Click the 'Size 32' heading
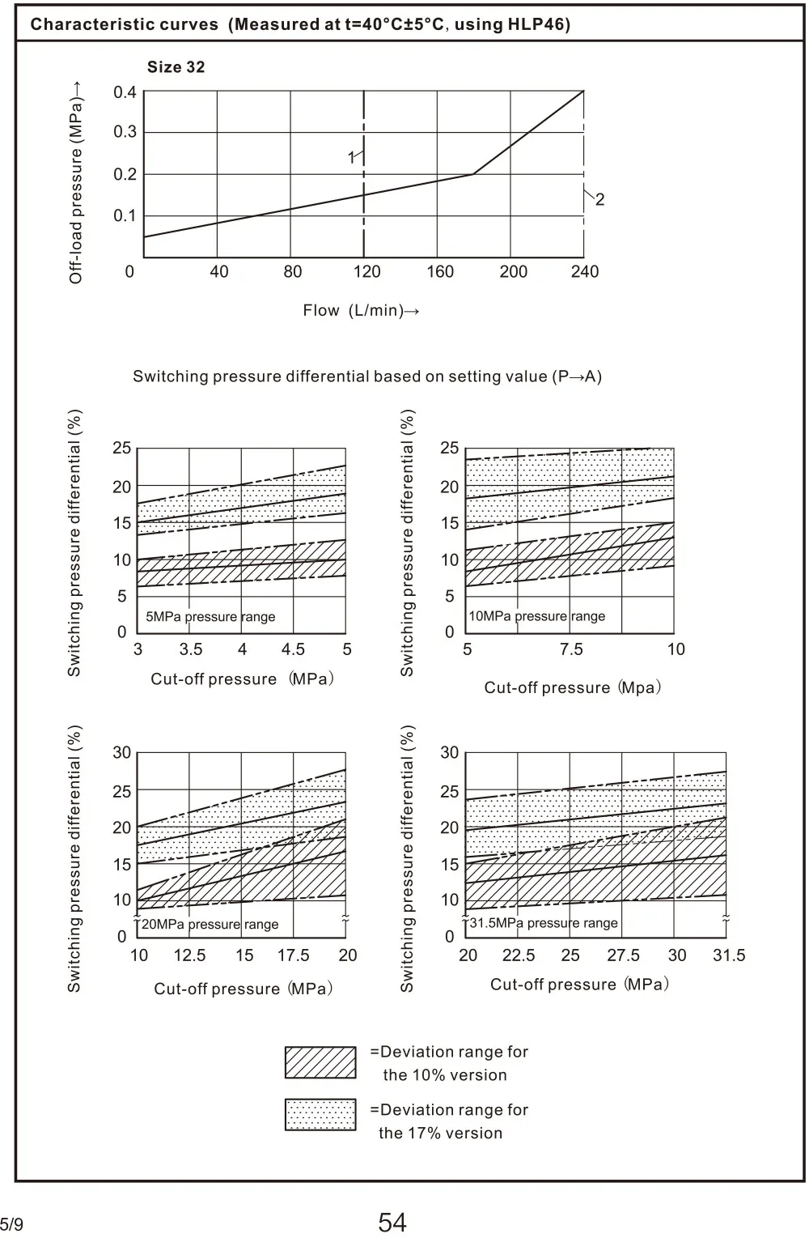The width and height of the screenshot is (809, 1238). click(176, 67)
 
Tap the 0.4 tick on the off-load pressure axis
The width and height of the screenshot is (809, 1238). click(125, 92)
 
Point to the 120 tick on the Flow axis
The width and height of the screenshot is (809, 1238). click(366, 272)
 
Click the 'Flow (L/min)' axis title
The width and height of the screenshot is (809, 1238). click(361, 311)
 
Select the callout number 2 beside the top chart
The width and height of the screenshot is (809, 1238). click(599, 199)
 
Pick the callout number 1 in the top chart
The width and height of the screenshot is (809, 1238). click(352, 158)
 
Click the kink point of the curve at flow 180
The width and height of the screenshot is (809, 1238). click(473, 174)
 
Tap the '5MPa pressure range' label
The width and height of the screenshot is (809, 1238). click(210, 617)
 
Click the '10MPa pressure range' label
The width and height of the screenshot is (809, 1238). click(537, 616)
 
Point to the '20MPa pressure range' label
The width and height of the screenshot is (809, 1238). click(210, 925)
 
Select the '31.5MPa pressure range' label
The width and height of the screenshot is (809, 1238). click(544, 923)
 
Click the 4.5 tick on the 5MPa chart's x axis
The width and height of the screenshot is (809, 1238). click(293, 649)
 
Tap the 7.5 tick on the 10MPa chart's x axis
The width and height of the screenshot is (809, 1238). click(571, 649)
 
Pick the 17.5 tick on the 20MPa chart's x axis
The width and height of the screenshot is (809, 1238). click(293, 955)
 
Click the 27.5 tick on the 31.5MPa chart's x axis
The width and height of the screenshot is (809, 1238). click(623, 955)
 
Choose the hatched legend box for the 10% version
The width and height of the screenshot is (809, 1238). click(320, 1062)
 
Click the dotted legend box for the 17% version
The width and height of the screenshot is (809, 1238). click(320, 1115)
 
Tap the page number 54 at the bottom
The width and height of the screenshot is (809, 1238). click(392, 1222)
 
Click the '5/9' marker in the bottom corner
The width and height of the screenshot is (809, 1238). click(11, 1225)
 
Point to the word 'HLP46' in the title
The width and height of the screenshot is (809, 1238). click(539, 24)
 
